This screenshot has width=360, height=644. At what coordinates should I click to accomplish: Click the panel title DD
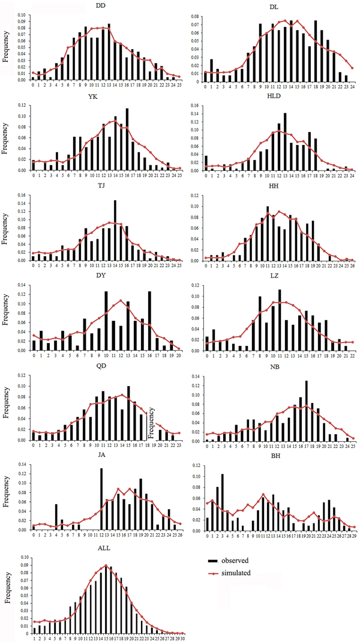point(101,5)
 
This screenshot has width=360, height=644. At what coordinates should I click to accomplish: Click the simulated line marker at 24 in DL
point(353,68)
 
